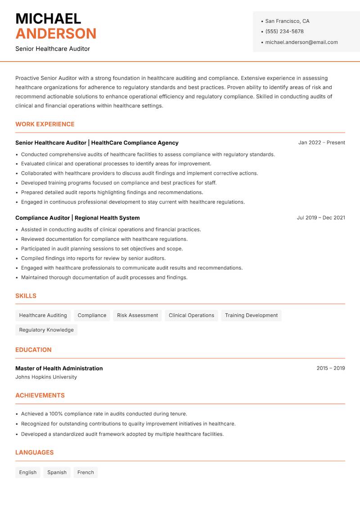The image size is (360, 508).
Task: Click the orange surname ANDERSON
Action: (56, 34)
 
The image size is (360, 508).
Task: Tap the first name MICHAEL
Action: (48, 18)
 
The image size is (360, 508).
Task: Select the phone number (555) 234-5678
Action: (284, 31)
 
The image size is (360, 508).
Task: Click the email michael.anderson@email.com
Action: (301, 42)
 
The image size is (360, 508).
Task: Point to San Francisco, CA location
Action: (287, 21)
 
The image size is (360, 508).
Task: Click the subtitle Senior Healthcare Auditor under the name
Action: (53, 49)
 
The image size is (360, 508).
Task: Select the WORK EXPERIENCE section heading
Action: (45, 124)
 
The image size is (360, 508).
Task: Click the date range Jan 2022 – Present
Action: (321, 143)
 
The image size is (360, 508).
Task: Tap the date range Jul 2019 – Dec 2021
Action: (321, 218)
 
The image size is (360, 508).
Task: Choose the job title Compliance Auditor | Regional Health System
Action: (77, 218)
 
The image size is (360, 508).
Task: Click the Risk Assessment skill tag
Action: (137, 315)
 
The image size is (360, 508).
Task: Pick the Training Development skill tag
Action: (251, 315)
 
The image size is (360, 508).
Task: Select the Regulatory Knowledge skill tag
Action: (46, 330)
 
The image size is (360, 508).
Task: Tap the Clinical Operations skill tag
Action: (191, 315)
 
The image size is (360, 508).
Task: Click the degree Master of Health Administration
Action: (59, 368)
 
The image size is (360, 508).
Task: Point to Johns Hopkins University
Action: (46, 377)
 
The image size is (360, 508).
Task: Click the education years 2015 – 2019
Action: (330, 368)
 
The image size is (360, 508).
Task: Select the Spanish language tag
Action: (57, 472)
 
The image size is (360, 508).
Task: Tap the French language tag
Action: (85, 472)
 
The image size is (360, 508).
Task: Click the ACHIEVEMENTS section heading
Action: (40, 396)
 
